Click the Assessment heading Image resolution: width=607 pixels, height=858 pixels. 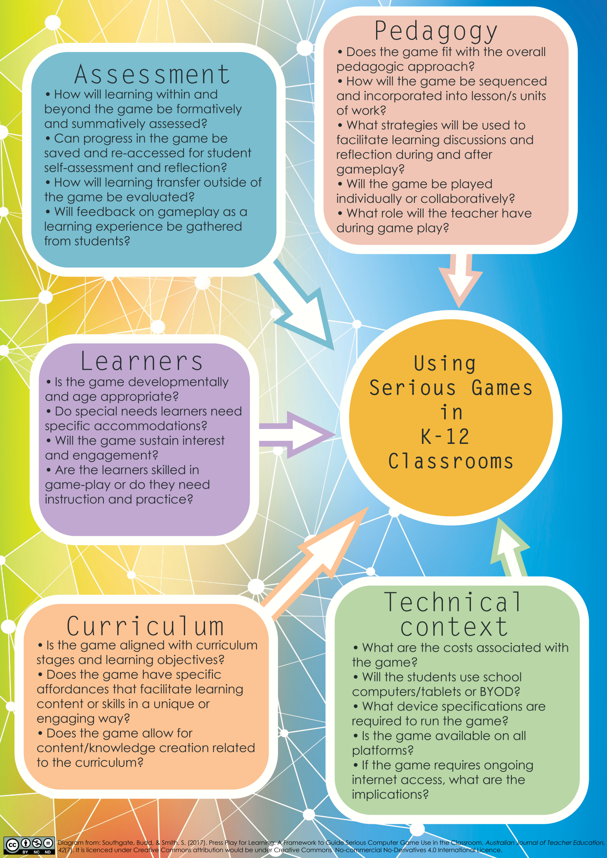[x=152, y=75]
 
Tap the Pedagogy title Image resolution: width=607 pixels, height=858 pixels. [x=436, y=32]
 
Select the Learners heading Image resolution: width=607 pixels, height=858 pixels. [x=142, y=361]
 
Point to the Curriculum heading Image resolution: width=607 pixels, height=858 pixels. [x=145, y=626]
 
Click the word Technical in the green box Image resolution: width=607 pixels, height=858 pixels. [x=453, y=602]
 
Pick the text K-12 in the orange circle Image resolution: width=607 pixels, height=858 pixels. [x=445, y=436]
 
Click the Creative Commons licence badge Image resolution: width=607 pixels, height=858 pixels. [x=29, y=846]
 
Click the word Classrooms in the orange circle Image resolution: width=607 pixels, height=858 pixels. [x=451, y=461]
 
